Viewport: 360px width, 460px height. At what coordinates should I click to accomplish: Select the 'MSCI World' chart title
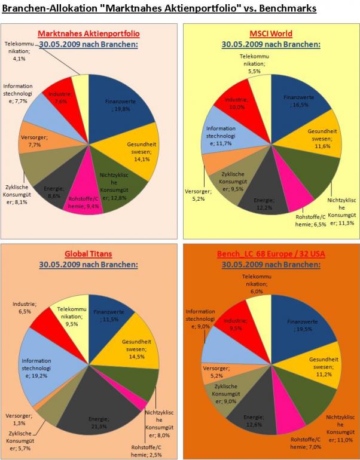[271, 33]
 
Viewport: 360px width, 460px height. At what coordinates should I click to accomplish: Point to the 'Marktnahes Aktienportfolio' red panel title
[88, 33]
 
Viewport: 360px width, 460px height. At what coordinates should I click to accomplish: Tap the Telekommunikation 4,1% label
[22, 51]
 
